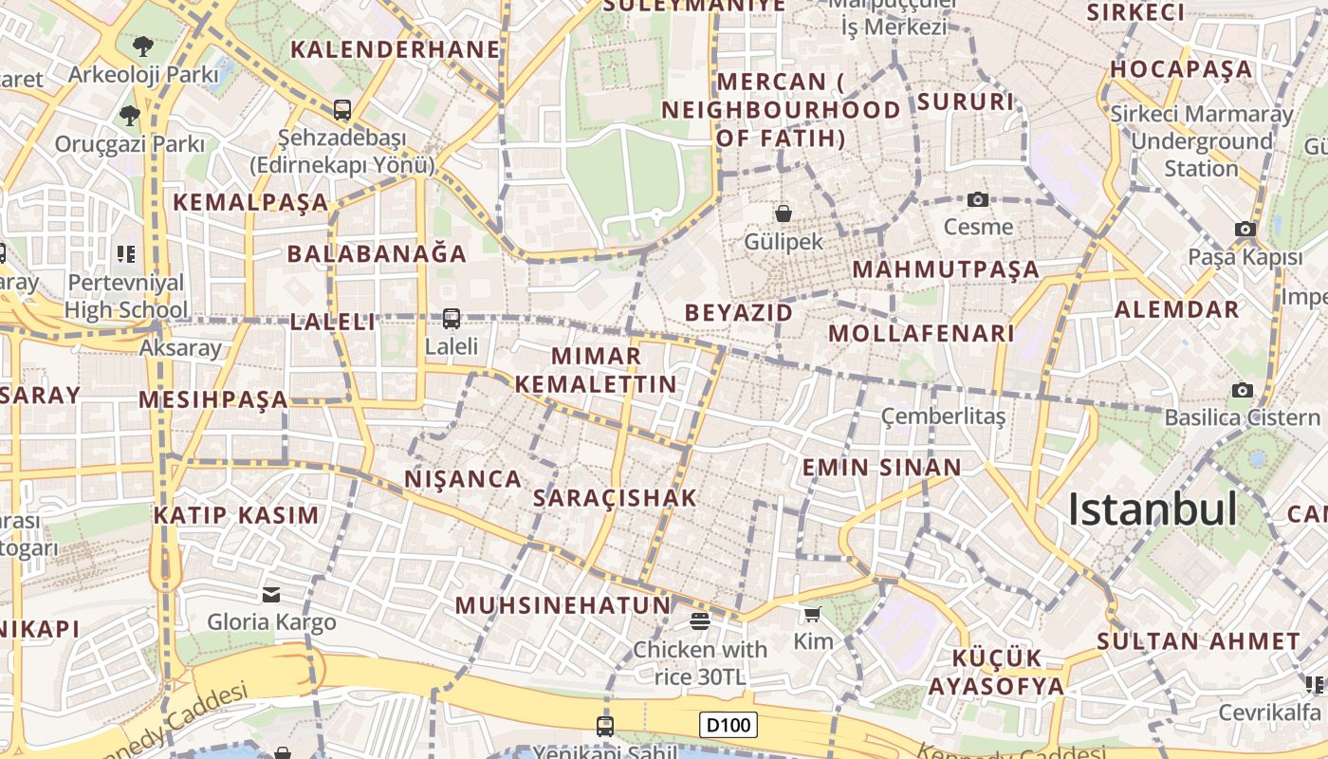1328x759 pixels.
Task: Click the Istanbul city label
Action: point(1153,509)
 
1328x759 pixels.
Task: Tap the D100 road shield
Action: point(729,726)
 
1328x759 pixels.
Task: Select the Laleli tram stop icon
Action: point(452,319)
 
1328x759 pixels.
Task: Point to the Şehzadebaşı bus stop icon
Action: point(342,110)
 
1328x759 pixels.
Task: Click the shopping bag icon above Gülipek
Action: point(784,213)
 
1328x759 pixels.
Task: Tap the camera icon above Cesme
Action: point(978,199)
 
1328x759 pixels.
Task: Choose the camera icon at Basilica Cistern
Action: point(1242,390)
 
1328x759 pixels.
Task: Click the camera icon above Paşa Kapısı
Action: point(1245,229)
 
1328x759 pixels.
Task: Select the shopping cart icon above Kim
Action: point(812,615)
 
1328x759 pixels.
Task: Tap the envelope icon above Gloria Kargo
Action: point(271,595)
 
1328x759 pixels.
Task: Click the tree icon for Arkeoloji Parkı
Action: point(142,45)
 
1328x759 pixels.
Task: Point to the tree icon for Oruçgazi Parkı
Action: point(129,116)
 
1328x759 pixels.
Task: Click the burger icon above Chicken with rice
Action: point(700,621)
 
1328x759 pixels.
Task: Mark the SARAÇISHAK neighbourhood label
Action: point(615,498)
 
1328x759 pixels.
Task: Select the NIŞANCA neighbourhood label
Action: point(463,479)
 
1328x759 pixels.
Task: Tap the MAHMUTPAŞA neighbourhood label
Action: point(946,269)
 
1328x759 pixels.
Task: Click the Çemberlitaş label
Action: point(943,417)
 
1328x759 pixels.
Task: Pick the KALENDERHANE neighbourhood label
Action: point(395,49)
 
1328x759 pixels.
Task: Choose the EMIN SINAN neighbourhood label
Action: point(882,468)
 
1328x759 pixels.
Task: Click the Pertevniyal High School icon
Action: point(126,254)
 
